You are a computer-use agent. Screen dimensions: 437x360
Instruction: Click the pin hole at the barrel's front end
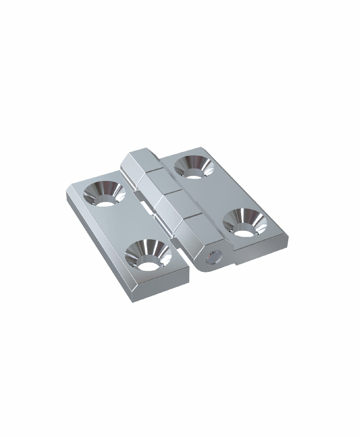[x=214, y=256]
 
